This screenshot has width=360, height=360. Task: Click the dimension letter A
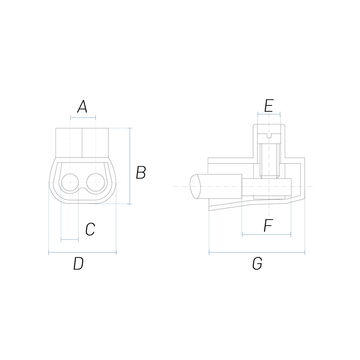point(82,107)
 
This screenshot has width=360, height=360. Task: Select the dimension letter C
point(90,229)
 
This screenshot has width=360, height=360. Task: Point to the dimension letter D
point(78,264)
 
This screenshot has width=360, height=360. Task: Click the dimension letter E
point(269,106)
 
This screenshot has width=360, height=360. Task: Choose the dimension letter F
point(268,225)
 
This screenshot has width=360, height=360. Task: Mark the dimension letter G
point(257,264)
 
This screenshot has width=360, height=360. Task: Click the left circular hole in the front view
point(70,182)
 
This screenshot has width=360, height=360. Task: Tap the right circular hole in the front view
point(96,182)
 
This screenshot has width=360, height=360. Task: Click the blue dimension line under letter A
point(83,118)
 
